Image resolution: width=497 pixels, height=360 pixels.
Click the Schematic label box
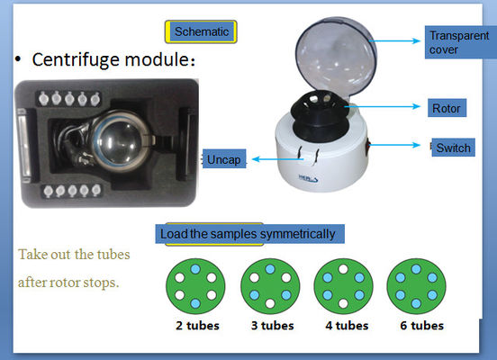201,31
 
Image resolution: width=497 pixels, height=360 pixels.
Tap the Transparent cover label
459,42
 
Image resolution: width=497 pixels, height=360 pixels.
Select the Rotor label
447,108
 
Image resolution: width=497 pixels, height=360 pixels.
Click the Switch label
453,148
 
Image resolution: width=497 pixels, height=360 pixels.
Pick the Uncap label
224,158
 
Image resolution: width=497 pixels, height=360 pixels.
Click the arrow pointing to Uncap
277,159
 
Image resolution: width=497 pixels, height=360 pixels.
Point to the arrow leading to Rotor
383,106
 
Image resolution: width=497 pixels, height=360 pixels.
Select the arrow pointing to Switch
395,145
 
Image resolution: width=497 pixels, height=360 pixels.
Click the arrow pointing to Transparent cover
395,40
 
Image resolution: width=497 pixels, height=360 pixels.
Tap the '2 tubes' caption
197,326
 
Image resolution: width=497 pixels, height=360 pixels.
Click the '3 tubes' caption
273,326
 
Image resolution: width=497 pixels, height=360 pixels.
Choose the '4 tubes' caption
347,326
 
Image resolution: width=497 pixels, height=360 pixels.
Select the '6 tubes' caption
422,326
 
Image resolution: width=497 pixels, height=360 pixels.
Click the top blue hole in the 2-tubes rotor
195,269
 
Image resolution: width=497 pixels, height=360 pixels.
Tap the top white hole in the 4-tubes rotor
343,269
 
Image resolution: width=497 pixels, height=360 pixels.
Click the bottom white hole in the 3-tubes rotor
270,303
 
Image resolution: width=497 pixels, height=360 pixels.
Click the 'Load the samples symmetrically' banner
249,234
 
